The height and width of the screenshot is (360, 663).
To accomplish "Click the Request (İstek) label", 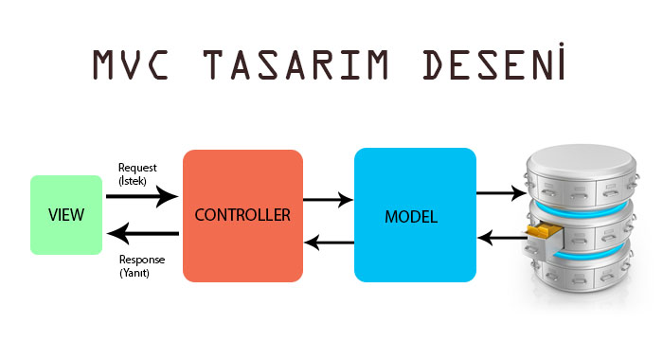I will tap(138, 174).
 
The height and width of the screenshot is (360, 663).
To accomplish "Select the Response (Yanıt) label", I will tap(142, 265).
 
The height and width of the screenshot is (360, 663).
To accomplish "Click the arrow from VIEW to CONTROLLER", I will tap(142, 197).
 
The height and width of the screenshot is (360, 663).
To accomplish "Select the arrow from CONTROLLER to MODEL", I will tap(328, 200).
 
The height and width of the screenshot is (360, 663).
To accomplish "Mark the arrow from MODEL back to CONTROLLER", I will tap(328, 243).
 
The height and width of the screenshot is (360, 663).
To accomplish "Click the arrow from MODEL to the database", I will tap(495, 193).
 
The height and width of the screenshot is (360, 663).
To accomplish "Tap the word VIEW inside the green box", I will tap(65, 215).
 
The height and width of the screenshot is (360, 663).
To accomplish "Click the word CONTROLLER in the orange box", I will tap(242, 215).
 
